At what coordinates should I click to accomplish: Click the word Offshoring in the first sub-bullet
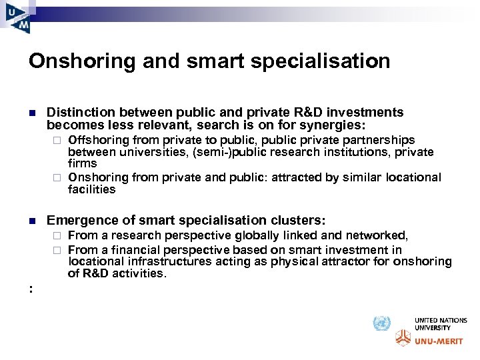[x=98, y=140]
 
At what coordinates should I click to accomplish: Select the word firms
[x=82, y=163]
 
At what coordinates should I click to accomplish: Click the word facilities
[x=91, y=189]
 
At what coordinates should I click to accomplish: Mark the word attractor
[x=345, y=261]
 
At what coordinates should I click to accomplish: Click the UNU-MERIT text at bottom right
[x=437, y=341]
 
